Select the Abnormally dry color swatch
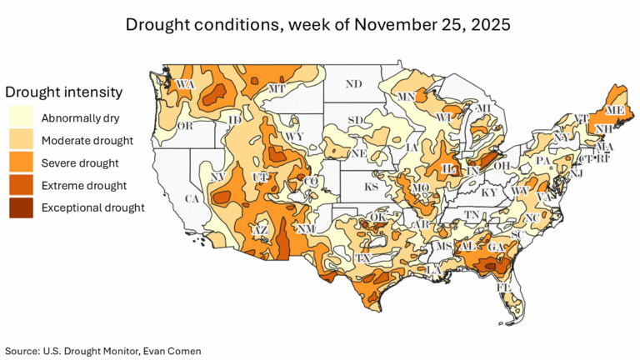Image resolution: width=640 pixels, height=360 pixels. tap(21, 117)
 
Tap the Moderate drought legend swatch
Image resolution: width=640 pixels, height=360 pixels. tap(21, 140)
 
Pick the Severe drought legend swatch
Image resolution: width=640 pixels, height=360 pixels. tap(21, 162)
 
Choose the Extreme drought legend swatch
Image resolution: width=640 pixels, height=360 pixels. tap(21, 185)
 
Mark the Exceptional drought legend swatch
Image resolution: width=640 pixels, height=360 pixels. tap(21, 207)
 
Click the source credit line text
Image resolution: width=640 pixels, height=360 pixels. tap(102, 351)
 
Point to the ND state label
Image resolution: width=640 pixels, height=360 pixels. tap(354, 84)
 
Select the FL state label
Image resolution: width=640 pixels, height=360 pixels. tap(504, 287)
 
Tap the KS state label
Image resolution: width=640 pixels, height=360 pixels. tap(371, 187)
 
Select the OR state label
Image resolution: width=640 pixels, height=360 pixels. tap(185, 126)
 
